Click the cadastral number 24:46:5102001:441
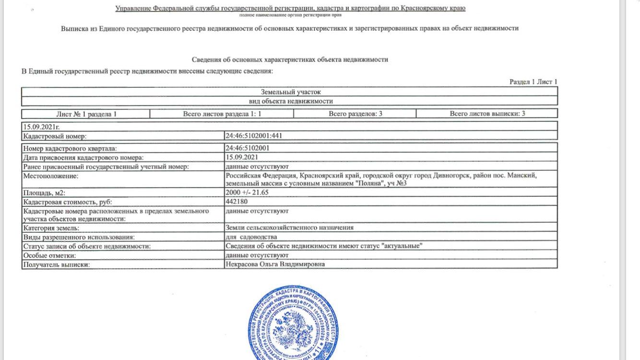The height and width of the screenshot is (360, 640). tap(254, 136)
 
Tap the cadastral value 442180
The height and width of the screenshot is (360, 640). tap(237, 202)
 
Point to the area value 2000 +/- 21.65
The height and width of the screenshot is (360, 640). tap(247, 192)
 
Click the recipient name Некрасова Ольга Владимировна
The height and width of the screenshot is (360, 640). tap(275, 264)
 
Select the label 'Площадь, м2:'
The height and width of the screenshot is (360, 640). tap(41, 192)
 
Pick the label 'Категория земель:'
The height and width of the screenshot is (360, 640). tap(51, 228)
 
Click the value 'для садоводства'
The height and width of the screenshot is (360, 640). tap(251, 237)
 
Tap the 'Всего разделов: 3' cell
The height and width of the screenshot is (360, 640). tap(355, 114)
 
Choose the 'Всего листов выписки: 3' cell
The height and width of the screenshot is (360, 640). tap(487, 114)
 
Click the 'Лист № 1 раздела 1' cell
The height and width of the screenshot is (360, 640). tap(86, 114)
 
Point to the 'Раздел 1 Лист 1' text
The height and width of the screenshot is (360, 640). tap(533, 82)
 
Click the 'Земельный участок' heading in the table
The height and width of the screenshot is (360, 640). tap(290, 92)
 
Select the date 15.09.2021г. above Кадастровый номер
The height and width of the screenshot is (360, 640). tap(41, 127)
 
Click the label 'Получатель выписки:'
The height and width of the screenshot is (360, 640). tap(57, 264)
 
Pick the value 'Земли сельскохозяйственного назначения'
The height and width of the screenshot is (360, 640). tap(289, 228)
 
